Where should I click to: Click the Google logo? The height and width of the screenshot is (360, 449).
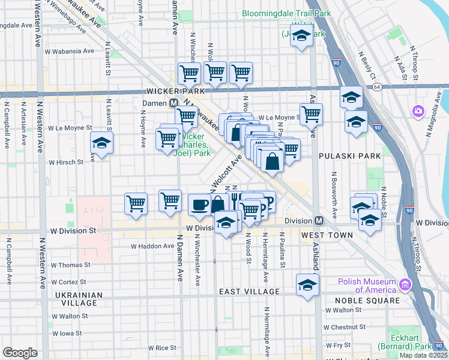pos(20,353)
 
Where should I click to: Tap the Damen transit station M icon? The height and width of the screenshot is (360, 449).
pos(173,103)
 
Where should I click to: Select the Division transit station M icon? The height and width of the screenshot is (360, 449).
pos(320,220)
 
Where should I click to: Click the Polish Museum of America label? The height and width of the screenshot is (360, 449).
pos(367,286)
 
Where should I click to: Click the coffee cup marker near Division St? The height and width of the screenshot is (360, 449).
pos(199,205)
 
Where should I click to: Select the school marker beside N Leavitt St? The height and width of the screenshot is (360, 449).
pos(101,143)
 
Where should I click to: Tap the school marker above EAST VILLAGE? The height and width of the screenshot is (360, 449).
pos(307,284)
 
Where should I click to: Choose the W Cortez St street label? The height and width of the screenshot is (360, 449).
pos(68,282)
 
